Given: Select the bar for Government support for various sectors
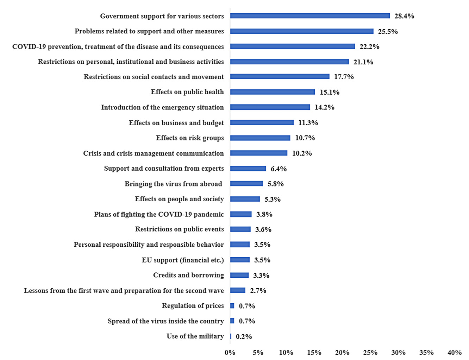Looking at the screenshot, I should (310, 16).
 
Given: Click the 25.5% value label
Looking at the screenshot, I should (388, 31).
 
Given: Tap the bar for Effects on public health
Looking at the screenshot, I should (273, 92).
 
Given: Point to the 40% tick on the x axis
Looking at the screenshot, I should (454, 352).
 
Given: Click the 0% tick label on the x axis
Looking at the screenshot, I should (230, 352).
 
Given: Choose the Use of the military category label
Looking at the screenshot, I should (195, 336).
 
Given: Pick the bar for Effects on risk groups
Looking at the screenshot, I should (260, 138).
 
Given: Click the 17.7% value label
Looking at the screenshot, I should (344, 77).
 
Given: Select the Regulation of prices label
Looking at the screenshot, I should (193, 305).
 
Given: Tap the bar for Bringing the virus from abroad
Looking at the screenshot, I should (246, 184).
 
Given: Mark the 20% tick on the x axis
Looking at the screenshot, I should (342, 352).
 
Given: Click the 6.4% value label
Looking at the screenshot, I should (279, 169).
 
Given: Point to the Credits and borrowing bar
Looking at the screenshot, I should (239, 275).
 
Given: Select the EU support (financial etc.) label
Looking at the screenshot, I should (183, 260).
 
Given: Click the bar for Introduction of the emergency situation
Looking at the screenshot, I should (270, 107).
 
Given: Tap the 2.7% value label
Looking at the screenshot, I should (258, 291).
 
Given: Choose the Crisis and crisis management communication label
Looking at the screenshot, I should (153, 153).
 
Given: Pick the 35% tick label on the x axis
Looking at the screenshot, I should (426, 352).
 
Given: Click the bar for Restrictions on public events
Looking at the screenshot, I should (240, 229).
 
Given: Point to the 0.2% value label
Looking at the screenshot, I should (244, 336).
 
